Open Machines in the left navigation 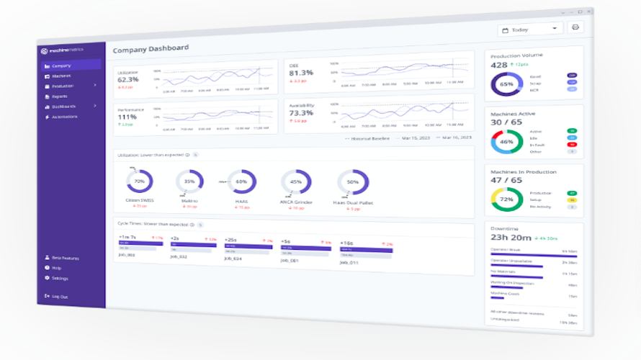(x=60, y=76)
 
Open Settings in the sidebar (x=60, y=278)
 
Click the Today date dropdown (x=529, y=30)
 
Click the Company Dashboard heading (x=151, y=48)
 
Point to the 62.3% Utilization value (x=127, y=79)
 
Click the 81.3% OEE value (x=300, y=73)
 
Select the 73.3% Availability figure (x=300, y=113)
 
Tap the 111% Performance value (x=127, y=117)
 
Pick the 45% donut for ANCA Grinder (x=295, y=182)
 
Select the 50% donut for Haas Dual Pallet (x=353, y=182)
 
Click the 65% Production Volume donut (x=506, y=84)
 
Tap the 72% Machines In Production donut (x=506, y=199)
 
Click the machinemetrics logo (x=63, y=50)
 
